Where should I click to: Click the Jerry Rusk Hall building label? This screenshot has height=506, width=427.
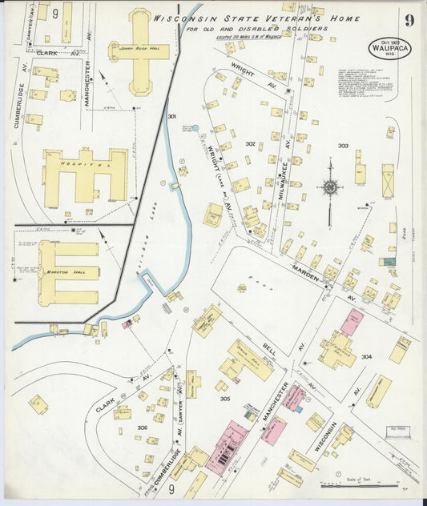pos(139,48)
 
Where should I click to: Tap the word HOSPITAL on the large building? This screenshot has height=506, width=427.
pos(86,163)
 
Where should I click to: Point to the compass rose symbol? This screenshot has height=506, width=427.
pos(329,187)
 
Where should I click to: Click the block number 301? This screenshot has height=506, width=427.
pos(171,117)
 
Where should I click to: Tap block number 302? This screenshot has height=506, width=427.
pos(250,144)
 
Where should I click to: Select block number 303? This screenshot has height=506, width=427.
pos(343,147)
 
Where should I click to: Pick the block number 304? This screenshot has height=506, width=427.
pos(366,356)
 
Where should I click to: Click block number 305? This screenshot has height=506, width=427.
pos(225,398)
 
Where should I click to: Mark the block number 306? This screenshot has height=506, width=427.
pos(142,428)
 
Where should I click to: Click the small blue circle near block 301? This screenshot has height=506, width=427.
pos(195,127)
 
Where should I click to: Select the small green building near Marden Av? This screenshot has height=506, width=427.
pos(389,261)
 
